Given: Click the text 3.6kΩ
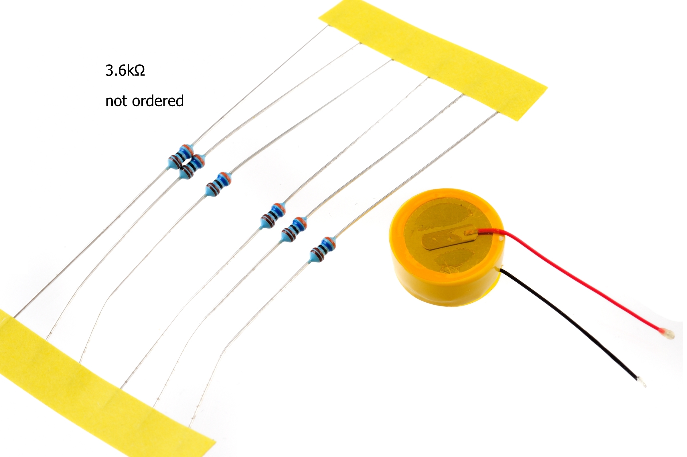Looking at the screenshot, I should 125,71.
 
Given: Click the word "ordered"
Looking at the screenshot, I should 158,101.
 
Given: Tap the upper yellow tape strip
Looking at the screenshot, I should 432,58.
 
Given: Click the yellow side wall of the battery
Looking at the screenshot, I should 447,292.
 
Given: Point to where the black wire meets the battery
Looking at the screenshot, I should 502,270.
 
